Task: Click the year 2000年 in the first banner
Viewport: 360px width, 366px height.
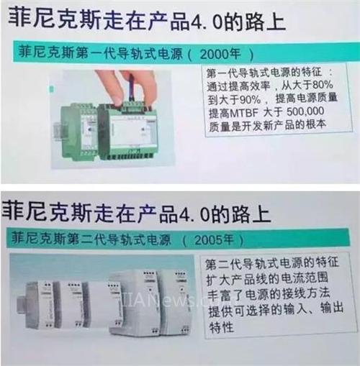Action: [x=220, y=54]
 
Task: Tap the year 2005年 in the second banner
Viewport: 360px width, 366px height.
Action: [x=214, y=240]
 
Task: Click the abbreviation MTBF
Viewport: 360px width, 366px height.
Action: [x=244, y=113]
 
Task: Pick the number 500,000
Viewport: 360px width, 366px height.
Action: [x=305, y=111]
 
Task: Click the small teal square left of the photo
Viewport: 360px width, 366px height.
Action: [x=51, y=89]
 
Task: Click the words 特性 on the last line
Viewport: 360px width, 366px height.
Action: [x=221, y=327]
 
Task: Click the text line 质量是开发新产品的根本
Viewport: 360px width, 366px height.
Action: [x=267, y=126]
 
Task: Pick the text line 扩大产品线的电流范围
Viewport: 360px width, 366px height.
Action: [x=267, y=278]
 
